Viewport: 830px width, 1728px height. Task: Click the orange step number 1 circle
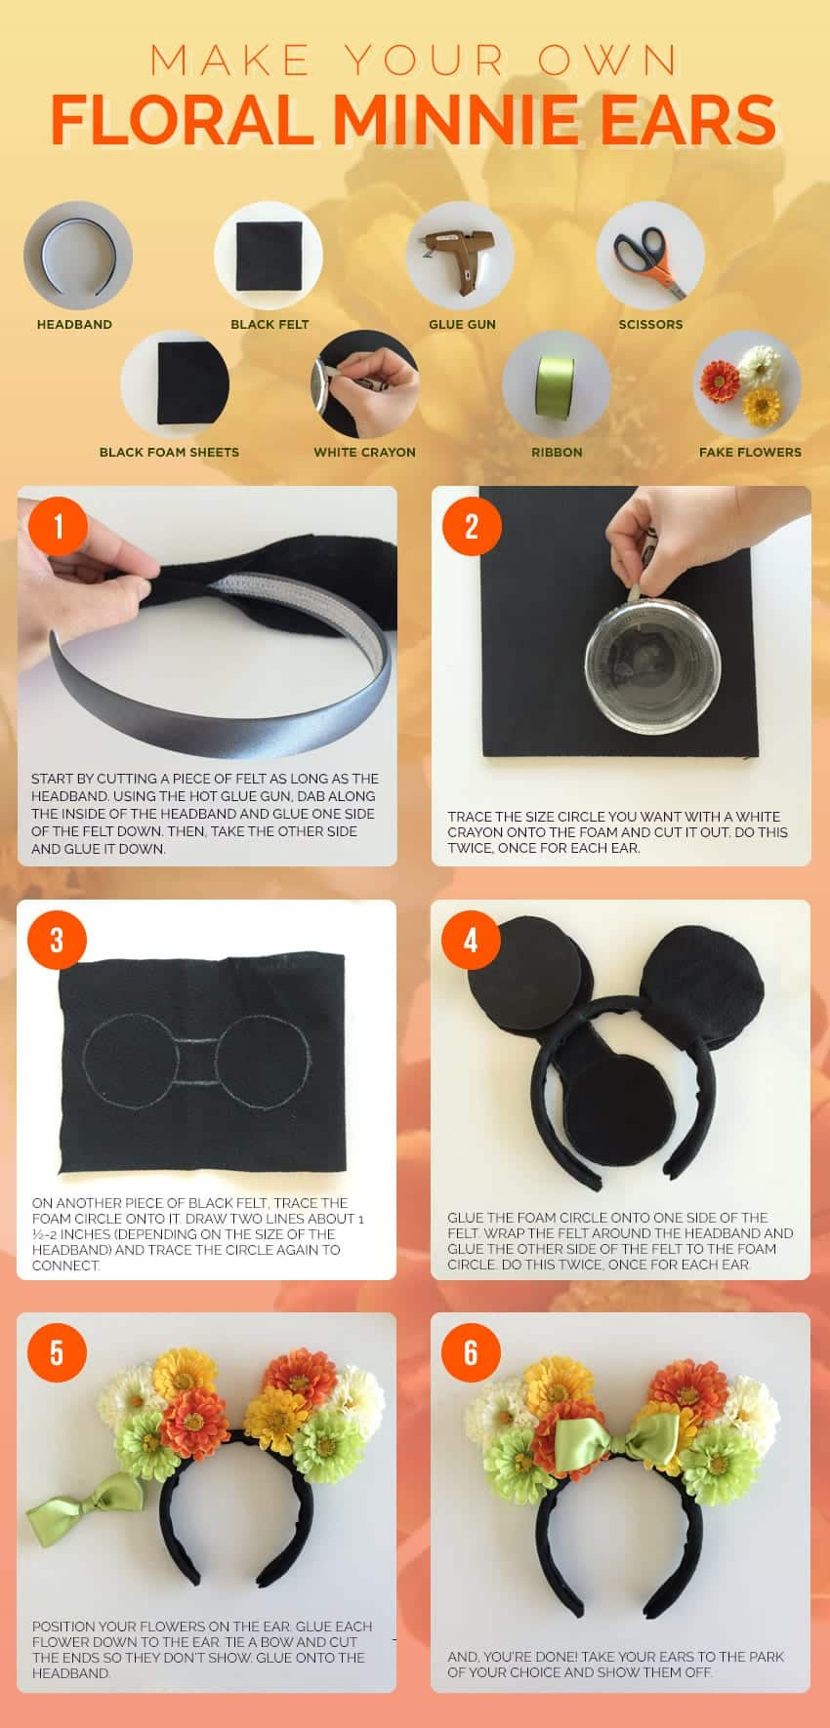[59, 527]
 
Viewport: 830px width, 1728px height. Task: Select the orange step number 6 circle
[472, 1353]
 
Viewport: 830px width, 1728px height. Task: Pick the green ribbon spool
[556, 386]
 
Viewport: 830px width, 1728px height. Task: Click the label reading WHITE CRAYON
[364, 452]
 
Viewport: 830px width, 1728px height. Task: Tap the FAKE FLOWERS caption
[750, 452]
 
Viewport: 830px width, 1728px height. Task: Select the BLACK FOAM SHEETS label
[169, 452]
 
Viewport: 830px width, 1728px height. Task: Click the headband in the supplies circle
[77, 256]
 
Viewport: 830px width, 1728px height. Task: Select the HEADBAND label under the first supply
[74, 324]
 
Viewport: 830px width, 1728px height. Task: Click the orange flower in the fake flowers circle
[721, 381]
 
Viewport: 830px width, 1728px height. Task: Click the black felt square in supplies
[270, 256]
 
